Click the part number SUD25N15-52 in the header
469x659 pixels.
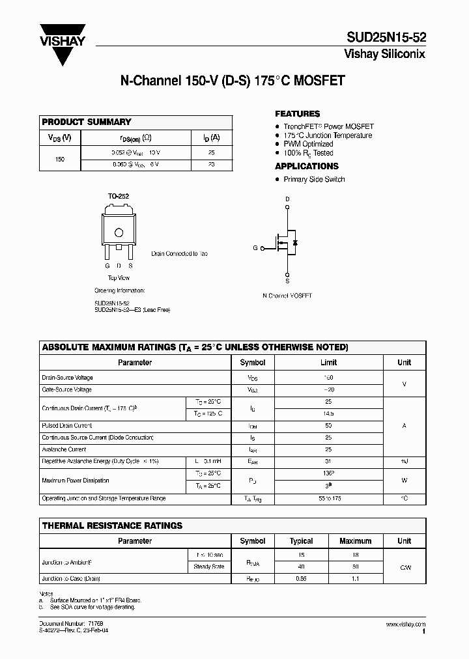click(x=386, y=38)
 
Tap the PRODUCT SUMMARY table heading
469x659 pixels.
click(x=87, y=122)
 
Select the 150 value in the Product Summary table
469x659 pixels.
click(x=60, y=158)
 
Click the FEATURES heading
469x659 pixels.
click(x=298, y=113)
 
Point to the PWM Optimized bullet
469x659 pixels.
click(x=308, y=144)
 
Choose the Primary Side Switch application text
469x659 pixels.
click(x=314, y=179)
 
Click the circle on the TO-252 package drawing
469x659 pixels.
click(x=119, y=232)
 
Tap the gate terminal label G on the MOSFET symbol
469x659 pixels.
click(x=255, y=248)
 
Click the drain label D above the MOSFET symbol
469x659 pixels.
click(x=287, y=199)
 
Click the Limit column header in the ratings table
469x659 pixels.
click(x=328, y=362)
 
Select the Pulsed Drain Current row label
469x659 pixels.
click(x=66, y=426)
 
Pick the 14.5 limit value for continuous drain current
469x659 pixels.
click(x=328, y=414)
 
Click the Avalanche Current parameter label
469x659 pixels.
click(x=64, y=449)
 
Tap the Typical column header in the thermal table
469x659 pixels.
click(x=301, y=540)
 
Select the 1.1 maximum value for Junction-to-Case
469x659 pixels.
click(x=356, y=578)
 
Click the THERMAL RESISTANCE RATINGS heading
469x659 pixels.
click(x=112, y=526)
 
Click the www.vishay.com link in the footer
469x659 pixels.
click(x=405, y=624)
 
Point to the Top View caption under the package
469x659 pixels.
click(x=119, y=278)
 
